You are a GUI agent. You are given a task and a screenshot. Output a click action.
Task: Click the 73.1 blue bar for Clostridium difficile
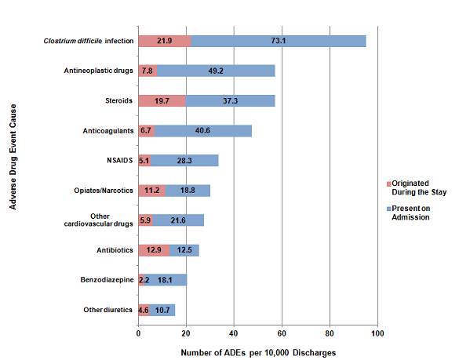[278, 41]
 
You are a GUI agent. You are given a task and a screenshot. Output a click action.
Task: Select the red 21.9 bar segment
[164, 41]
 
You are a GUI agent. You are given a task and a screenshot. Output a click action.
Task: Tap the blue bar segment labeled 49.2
[216, 71]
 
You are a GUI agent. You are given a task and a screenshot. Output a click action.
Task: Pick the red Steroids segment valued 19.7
[162, 100]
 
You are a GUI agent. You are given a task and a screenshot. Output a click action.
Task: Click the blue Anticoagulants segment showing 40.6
[203, 130]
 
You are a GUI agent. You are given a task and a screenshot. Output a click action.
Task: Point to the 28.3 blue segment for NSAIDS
[184, 161]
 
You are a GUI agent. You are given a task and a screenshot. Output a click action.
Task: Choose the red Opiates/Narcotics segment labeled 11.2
[151, 191]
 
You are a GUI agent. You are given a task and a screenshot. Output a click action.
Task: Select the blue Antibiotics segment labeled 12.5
[184, 250]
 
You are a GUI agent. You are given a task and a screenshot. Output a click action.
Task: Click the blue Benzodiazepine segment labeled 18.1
[166, 280]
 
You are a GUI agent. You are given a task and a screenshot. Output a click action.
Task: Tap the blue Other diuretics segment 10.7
[162, 310]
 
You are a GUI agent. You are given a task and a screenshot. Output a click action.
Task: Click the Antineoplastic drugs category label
[98, 71]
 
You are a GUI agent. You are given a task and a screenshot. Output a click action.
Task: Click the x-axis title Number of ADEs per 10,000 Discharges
[258, 352]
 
